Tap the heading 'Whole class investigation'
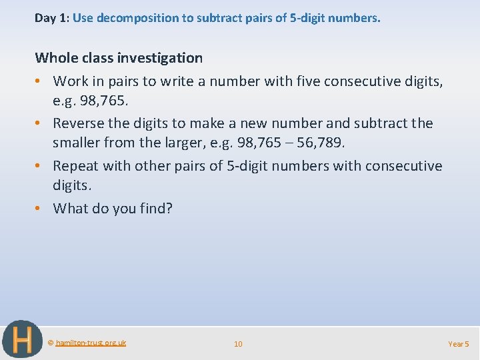pyautogui.click(x=119, y=58)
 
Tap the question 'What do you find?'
pyautogui.click(x=113, y=209)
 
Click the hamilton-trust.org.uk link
pyautogui.click(x=91, y=343)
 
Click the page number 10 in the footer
pyautogui.click(x=238, y=344)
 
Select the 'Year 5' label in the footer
pyautogui.click(x=459, y=344)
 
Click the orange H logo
pyautogui.click(x=22, y=340)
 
